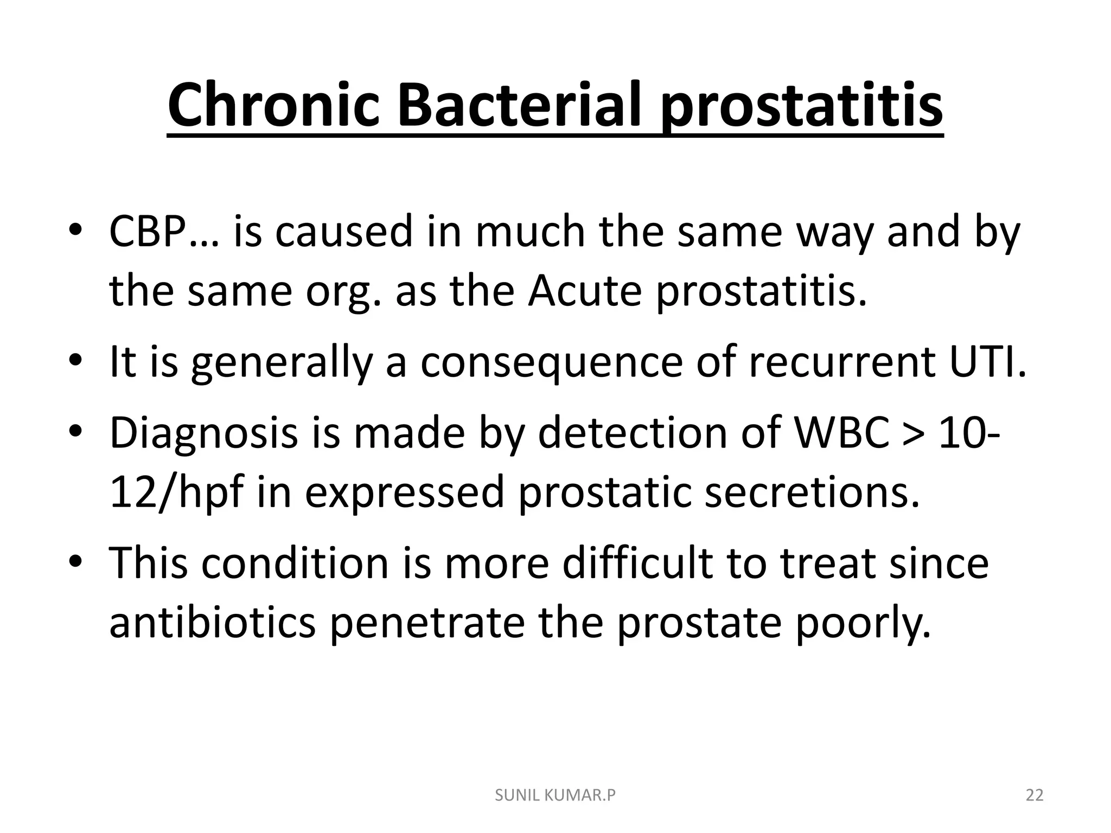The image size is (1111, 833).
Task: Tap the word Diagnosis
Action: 203,434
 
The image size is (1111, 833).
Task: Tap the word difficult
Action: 637,563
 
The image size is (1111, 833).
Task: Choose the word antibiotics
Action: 212,623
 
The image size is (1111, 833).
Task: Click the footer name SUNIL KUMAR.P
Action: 555,795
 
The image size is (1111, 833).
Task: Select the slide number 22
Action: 1035,795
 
